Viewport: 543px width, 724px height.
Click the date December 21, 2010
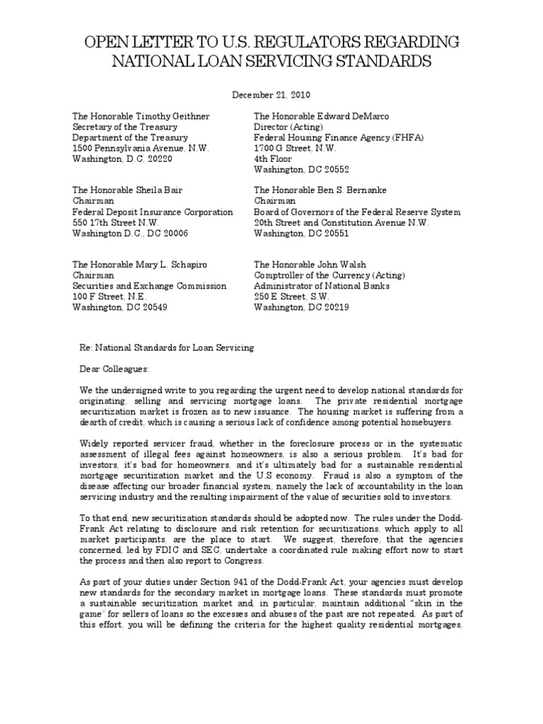click(x=271, y=93)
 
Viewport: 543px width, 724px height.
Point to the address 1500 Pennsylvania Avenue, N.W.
click(x=141, y=148)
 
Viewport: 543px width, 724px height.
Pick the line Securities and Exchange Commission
click(x=149, y=286)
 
